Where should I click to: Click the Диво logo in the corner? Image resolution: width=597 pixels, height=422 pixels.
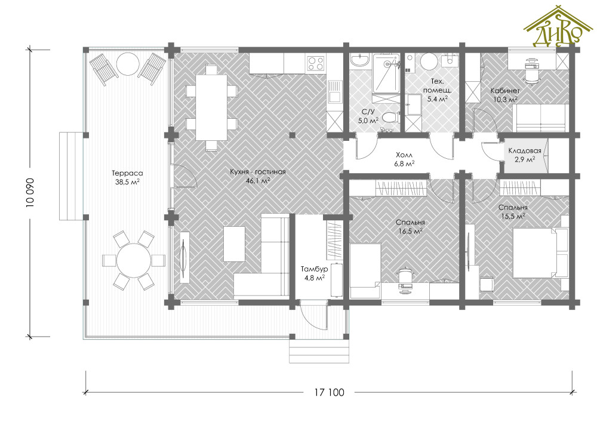(558, 27)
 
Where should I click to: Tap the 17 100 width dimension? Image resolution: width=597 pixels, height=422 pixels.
(329, 392)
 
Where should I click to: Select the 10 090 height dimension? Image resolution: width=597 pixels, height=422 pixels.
(30, 193)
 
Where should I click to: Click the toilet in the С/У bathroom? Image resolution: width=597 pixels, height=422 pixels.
(390, 117)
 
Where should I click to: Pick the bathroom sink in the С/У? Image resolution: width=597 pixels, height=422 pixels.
(359, 60)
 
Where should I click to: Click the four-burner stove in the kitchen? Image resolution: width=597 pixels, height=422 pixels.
(316, 63)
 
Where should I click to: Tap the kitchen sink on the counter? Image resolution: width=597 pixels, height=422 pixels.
(334, 91)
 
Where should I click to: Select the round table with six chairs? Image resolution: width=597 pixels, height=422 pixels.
(134, 261)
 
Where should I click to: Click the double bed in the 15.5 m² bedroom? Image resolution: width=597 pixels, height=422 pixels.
(541, 252)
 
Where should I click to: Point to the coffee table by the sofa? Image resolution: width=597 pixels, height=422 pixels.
(234, 244)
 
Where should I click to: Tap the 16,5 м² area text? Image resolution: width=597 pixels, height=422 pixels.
(410, 230)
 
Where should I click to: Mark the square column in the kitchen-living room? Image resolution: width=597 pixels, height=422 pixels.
(292, 134)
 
